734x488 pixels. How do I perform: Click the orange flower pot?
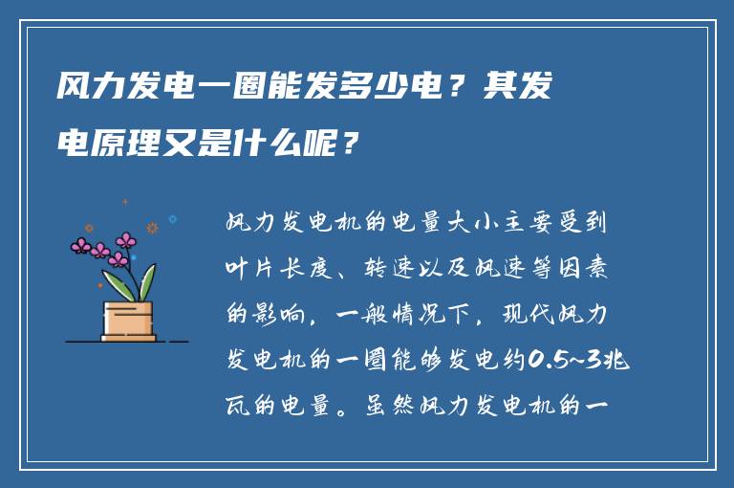click(128, 321)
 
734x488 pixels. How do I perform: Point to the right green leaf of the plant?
click(147, 282)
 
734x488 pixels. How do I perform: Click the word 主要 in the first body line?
click(526, 223)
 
